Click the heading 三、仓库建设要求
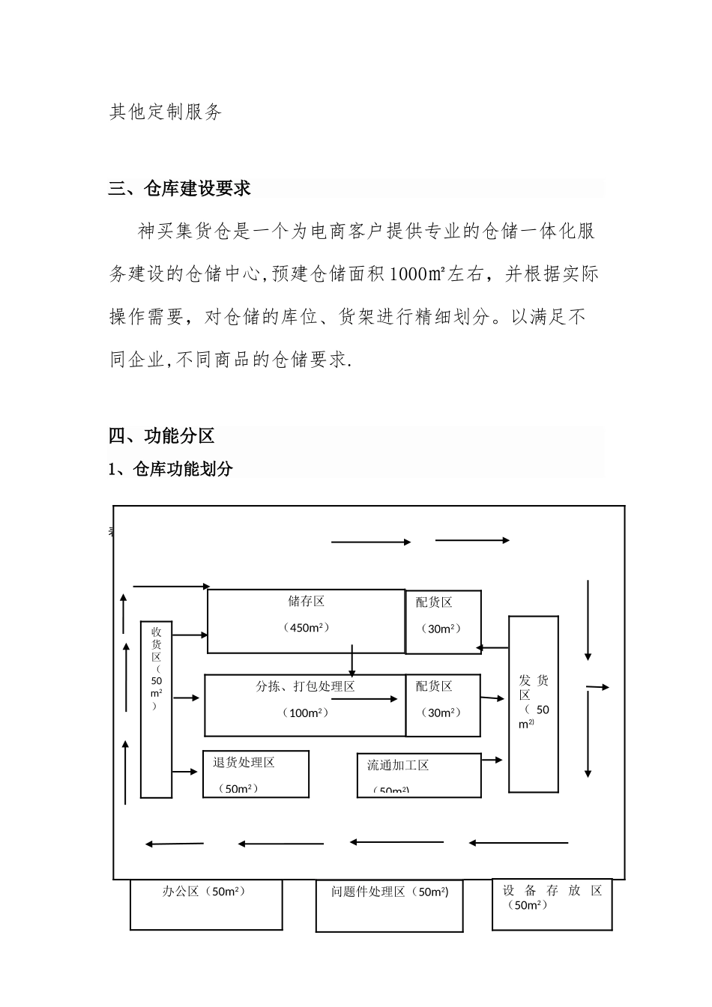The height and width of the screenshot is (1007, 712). click(180, 189)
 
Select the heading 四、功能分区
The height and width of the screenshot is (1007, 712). click(162, 436)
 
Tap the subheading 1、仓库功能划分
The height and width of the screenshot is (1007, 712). click(171, 469)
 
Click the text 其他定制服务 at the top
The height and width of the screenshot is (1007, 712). click(166, 112)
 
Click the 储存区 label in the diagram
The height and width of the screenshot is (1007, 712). click(306, 601)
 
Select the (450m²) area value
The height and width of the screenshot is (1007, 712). click(306, 628)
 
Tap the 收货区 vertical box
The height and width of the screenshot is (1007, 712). click(156, 708)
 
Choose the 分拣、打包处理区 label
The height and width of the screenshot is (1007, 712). click(305, 686)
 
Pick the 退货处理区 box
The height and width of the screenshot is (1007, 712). click(256, 773)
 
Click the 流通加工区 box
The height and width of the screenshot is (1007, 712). click(418, 775)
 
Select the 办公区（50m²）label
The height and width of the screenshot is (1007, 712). click(204, 892)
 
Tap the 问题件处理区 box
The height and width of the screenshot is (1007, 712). click(389, 905)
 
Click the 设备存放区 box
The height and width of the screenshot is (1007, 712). click(552, 904)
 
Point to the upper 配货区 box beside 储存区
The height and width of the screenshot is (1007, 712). click(443, 622)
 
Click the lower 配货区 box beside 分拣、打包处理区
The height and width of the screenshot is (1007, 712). click(443, 706)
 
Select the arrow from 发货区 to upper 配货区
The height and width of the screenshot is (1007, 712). click(493, 647)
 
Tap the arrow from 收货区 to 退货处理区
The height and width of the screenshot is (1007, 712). click(186, 771)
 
